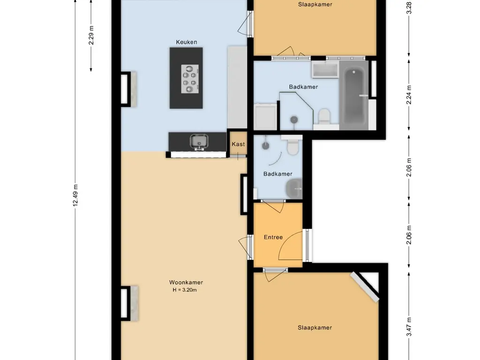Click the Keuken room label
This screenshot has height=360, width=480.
coord(186,42)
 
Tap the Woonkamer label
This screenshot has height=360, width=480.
coord(186,283)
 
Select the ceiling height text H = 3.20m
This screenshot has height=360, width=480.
coord(184,290)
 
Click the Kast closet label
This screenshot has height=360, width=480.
coord(238,144)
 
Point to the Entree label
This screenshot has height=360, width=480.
coord(273,237)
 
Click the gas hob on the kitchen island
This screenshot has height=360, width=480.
coord(190,79)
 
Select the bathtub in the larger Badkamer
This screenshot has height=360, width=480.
coord(354,95)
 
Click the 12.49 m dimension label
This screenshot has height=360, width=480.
coord(75,195)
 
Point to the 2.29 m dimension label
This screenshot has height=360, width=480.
coord(91,35)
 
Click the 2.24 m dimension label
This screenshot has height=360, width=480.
coord(409,95)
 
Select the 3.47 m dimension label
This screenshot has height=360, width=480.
coord(409,327)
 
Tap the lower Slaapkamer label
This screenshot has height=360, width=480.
coord(315,328)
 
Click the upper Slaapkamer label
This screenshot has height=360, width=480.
coord(315,4)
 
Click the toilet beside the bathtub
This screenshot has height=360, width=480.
coord(324,117)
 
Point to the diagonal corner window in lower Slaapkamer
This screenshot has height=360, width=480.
coord(365,287)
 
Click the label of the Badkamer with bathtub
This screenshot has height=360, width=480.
coord(303,87)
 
